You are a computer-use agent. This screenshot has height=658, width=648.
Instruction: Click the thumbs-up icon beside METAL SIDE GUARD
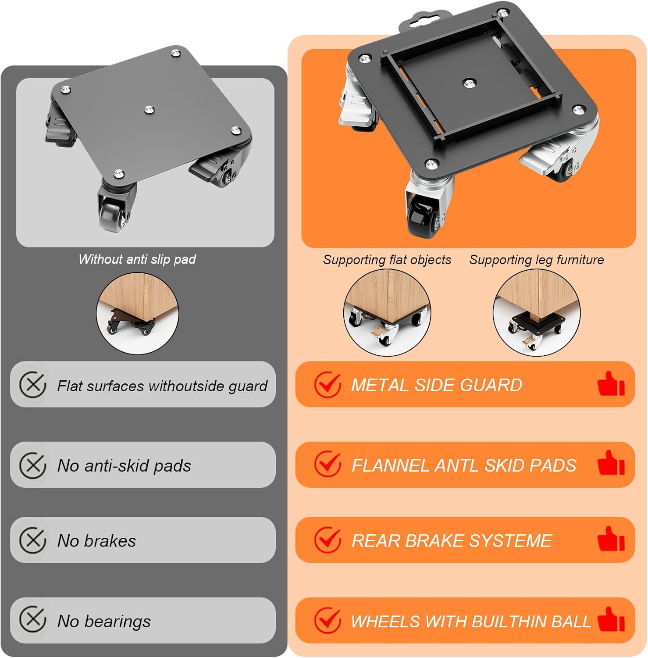coord(611,384)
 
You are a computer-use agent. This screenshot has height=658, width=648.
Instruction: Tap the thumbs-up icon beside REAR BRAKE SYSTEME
coord(611,539)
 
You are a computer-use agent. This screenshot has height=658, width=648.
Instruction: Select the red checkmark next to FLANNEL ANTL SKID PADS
coord(328,464)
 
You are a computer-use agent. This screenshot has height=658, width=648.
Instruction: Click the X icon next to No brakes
coord(33,540)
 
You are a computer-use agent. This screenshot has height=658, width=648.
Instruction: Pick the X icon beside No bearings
coord(33,619)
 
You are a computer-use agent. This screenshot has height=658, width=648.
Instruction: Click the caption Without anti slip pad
coord(137,259)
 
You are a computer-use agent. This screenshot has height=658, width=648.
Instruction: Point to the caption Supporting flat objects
coord(387,260)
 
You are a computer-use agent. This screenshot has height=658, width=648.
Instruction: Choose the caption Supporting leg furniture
coord(537,260)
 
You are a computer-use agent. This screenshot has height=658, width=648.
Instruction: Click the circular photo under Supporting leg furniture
coord(537,312)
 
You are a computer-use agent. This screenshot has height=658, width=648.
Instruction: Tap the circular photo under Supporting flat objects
coord(387,312)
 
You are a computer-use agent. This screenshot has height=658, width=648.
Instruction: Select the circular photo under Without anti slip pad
coord(137,313)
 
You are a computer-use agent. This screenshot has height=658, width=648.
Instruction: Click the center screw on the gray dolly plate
coord(150,109)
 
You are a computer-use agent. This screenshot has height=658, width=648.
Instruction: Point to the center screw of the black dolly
coord(470,82)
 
